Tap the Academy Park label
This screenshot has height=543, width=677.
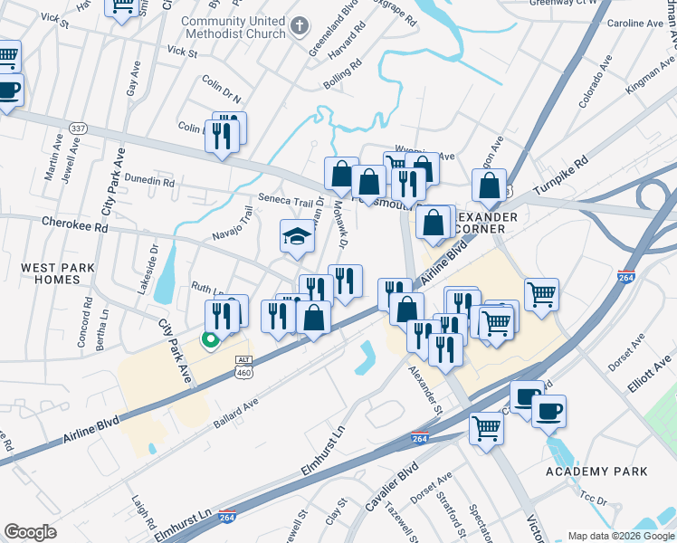596,472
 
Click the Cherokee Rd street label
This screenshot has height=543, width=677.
74,223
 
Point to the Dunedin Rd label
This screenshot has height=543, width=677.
149,181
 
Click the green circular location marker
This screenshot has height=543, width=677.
210,340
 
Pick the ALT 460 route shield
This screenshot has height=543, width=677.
243,365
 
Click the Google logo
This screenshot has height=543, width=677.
30,531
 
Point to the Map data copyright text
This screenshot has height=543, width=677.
620,535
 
